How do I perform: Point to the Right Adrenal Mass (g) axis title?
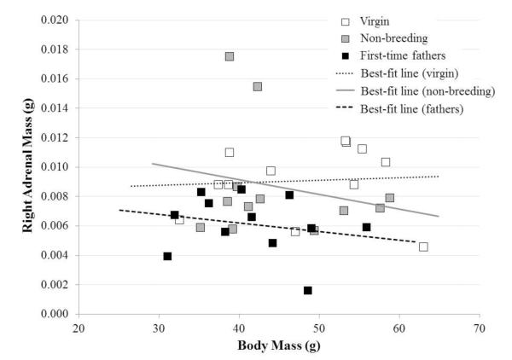pos(15,167)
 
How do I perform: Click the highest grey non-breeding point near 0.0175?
pos(230,56)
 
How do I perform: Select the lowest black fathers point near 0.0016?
pos(307,290)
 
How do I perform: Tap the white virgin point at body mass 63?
pos(423,247)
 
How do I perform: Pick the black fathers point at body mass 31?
pos(167,256)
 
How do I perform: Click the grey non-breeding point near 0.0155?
pos(258,86)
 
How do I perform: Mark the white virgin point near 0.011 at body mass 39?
pos(230,152)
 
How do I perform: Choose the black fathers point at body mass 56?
pos(366,227)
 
